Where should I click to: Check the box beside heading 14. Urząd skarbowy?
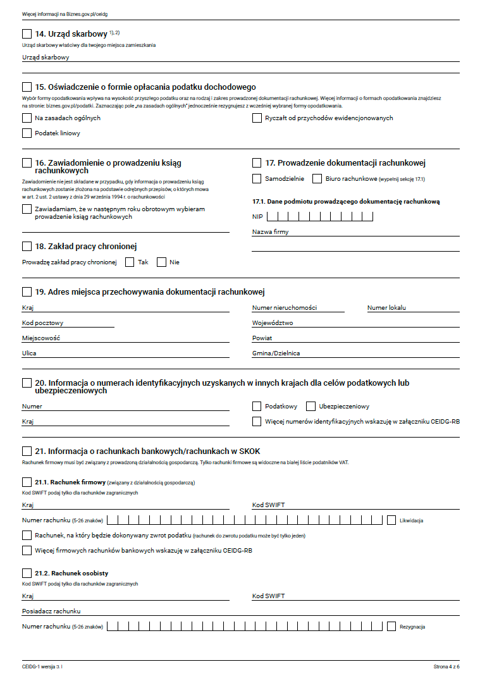click(27, 34)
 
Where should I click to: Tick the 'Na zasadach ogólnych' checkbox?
click(27, 118)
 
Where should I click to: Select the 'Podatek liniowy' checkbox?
click(27, 133)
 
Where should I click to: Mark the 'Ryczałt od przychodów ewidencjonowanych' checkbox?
click(257, 118)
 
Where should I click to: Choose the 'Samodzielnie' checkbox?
click(257, 179)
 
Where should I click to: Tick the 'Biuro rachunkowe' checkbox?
click(317, 179)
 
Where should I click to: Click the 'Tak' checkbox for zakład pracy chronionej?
click(130, 262)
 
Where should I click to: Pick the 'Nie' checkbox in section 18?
click(161, 262)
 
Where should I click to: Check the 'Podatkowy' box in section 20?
click(257, 406)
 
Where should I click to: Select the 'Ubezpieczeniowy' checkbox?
click(311, 406)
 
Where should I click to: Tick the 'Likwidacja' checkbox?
click(391, 520)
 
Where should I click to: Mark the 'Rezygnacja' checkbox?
click(391, 627)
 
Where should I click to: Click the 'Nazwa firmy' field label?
click(270, 232)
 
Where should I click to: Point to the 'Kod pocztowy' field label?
click(42, 323)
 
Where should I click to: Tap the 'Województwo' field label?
click(273, 323)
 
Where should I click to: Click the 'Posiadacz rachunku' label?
click(51, 611)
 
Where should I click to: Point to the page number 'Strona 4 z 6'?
click(446, 666)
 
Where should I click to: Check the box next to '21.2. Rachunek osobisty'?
click(27, 573)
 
